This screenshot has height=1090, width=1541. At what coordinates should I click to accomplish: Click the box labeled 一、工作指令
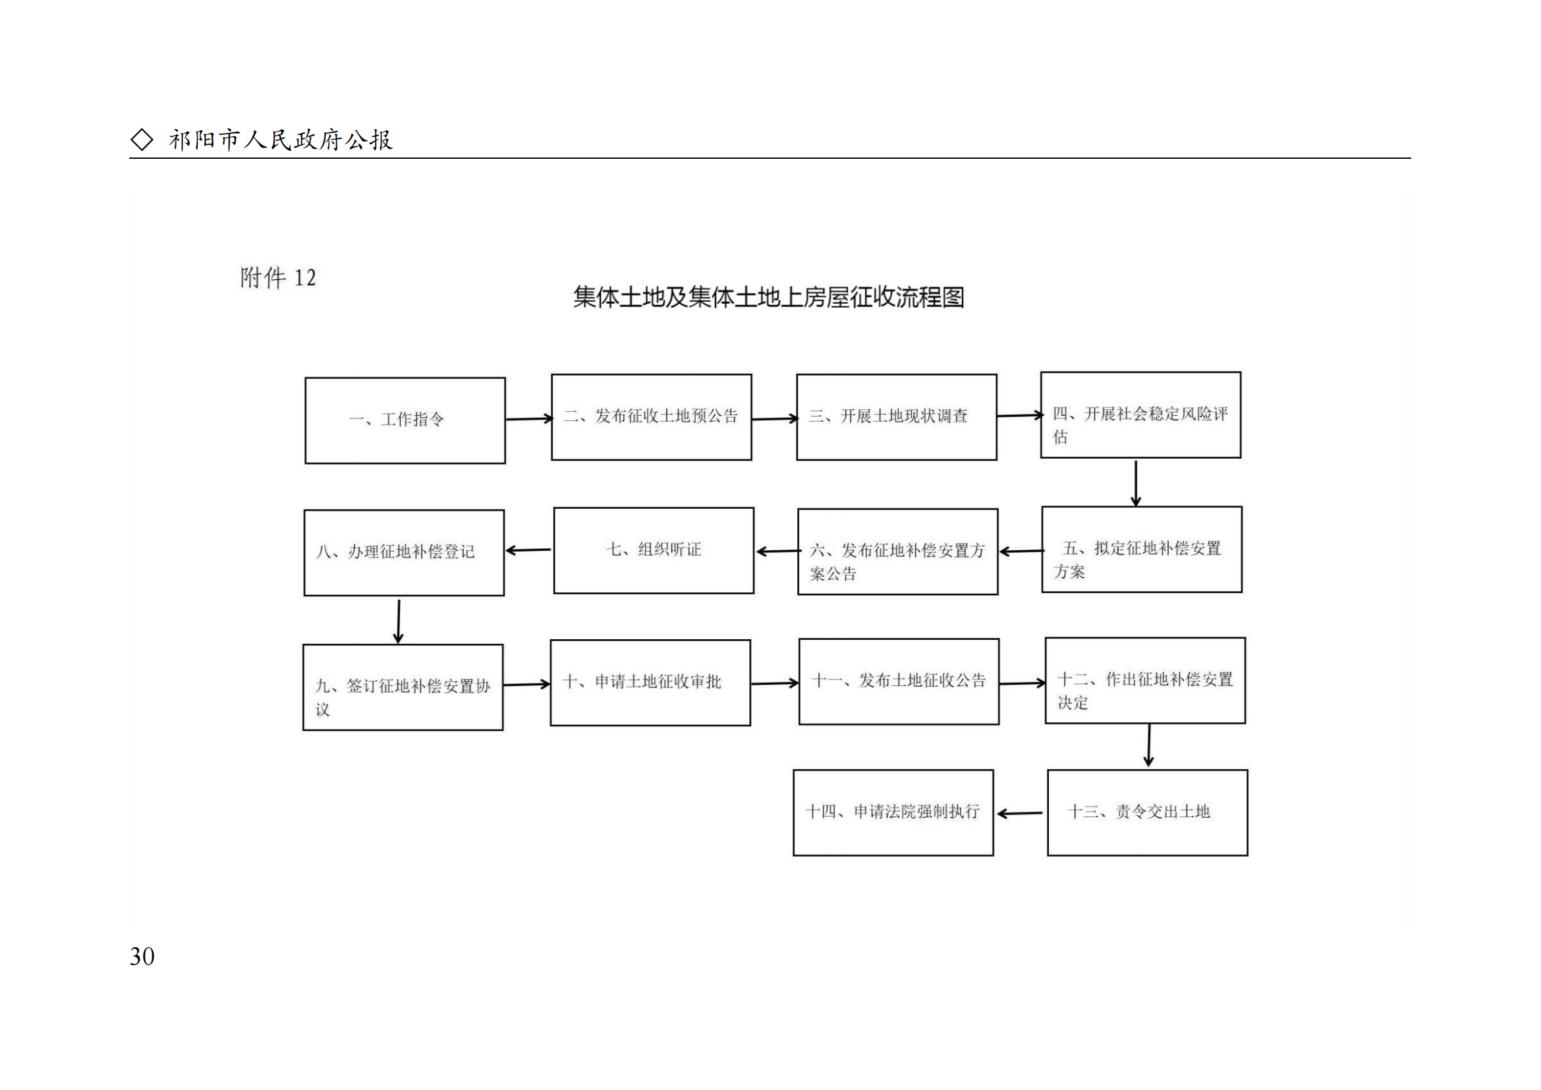405,420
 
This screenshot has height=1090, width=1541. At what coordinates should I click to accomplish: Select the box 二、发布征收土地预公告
651,416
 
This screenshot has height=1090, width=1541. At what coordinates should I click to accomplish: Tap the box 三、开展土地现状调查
896,416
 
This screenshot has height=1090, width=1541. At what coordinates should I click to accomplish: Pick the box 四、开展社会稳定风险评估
1140,415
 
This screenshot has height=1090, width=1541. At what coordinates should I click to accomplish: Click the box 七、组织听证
653,550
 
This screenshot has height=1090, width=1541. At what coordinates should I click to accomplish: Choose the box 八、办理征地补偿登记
403,552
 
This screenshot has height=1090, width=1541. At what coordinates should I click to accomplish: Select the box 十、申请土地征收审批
650,683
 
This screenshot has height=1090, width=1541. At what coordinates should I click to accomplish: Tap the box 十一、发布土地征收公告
899,681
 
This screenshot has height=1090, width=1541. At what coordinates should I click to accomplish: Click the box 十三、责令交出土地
1147,812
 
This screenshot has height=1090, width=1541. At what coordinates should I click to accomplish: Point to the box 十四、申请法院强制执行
893,812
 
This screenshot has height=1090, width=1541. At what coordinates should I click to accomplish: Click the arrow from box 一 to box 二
528,419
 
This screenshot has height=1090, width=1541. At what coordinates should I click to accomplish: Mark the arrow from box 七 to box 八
529,550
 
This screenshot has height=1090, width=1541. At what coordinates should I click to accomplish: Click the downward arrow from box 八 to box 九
399,621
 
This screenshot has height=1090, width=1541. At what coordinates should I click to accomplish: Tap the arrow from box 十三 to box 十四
1020,813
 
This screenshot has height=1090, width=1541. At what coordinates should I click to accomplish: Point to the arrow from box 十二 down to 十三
1149,745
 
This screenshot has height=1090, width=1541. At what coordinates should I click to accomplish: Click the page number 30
142,956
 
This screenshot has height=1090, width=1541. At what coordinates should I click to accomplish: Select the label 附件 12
278,277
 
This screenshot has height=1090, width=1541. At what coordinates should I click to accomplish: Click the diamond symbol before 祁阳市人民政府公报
142,140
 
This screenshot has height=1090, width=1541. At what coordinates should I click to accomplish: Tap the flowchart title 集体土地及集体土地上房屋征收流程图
768,297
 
